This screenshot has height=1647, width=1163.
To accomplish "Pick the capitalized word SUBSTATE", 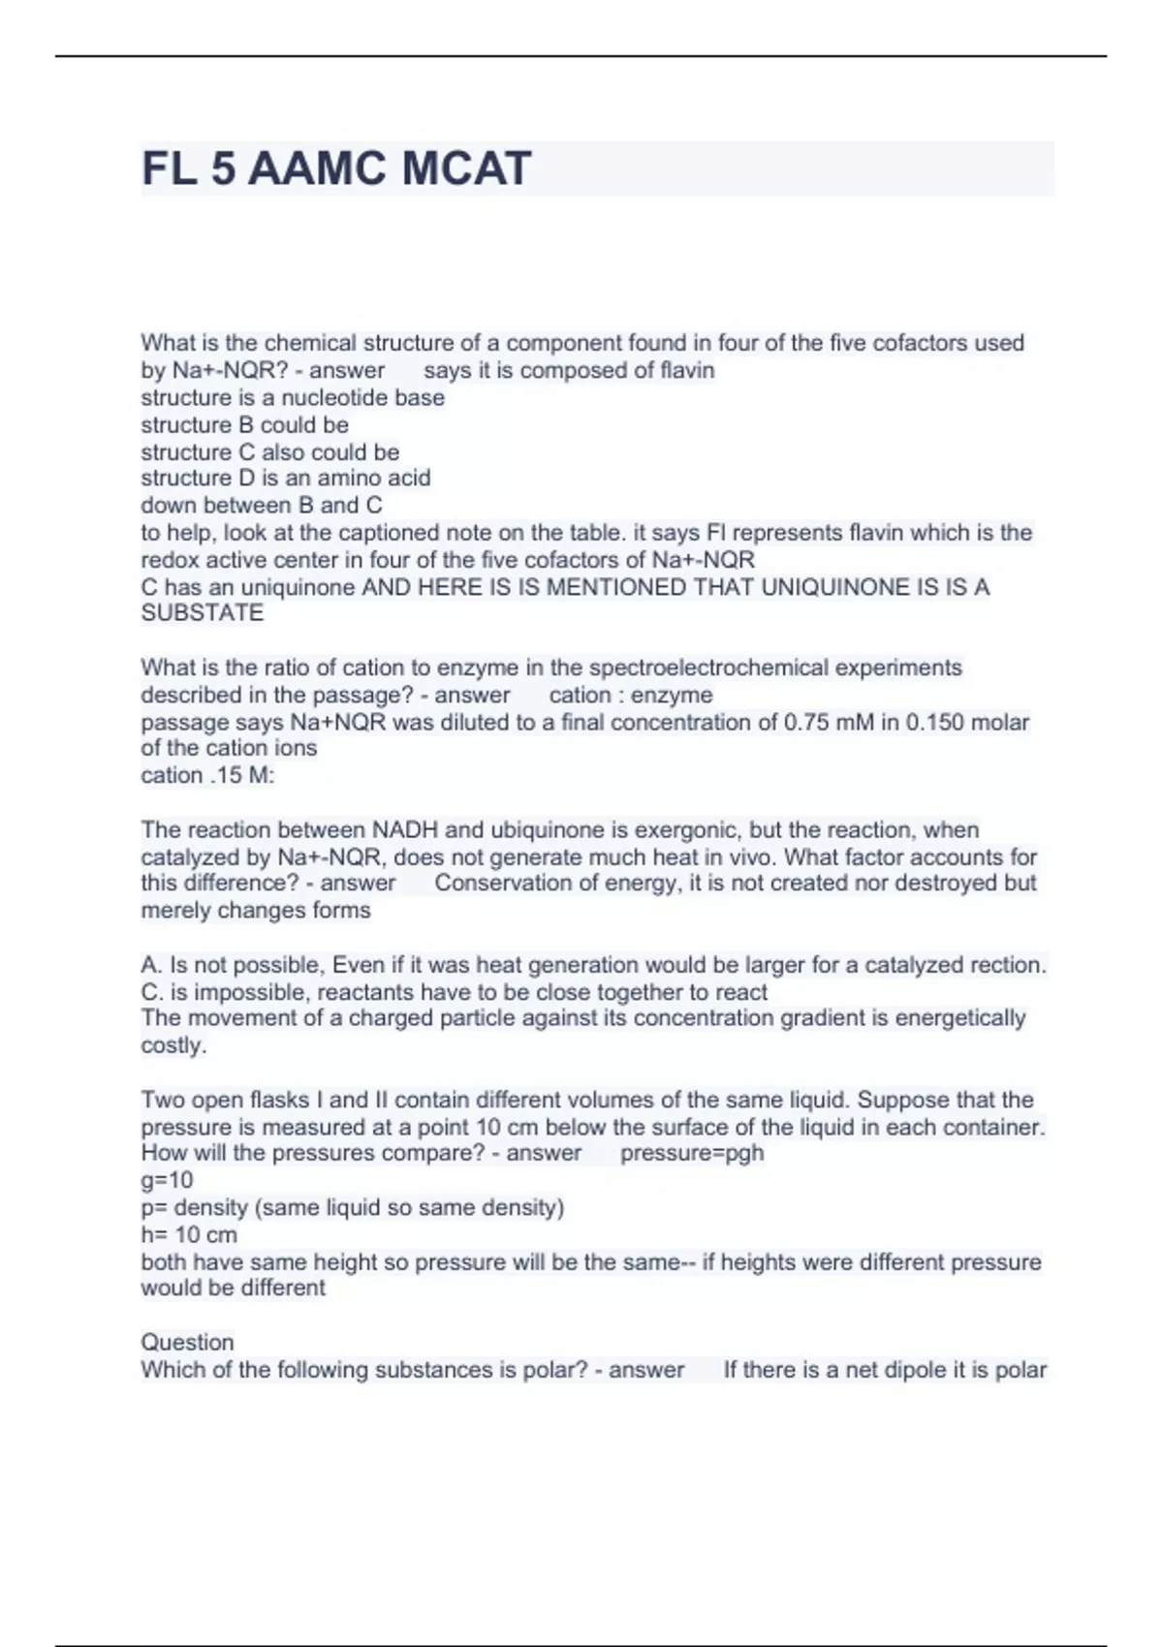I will (202, 613).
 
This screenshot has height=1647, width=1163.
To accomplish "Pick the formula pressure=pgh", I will (691, 1154).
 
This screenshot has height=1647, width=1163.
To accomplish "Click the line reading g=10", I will (167, 1180).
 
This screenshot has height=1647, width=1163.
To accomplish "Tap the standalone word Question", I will (187, 1343).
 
